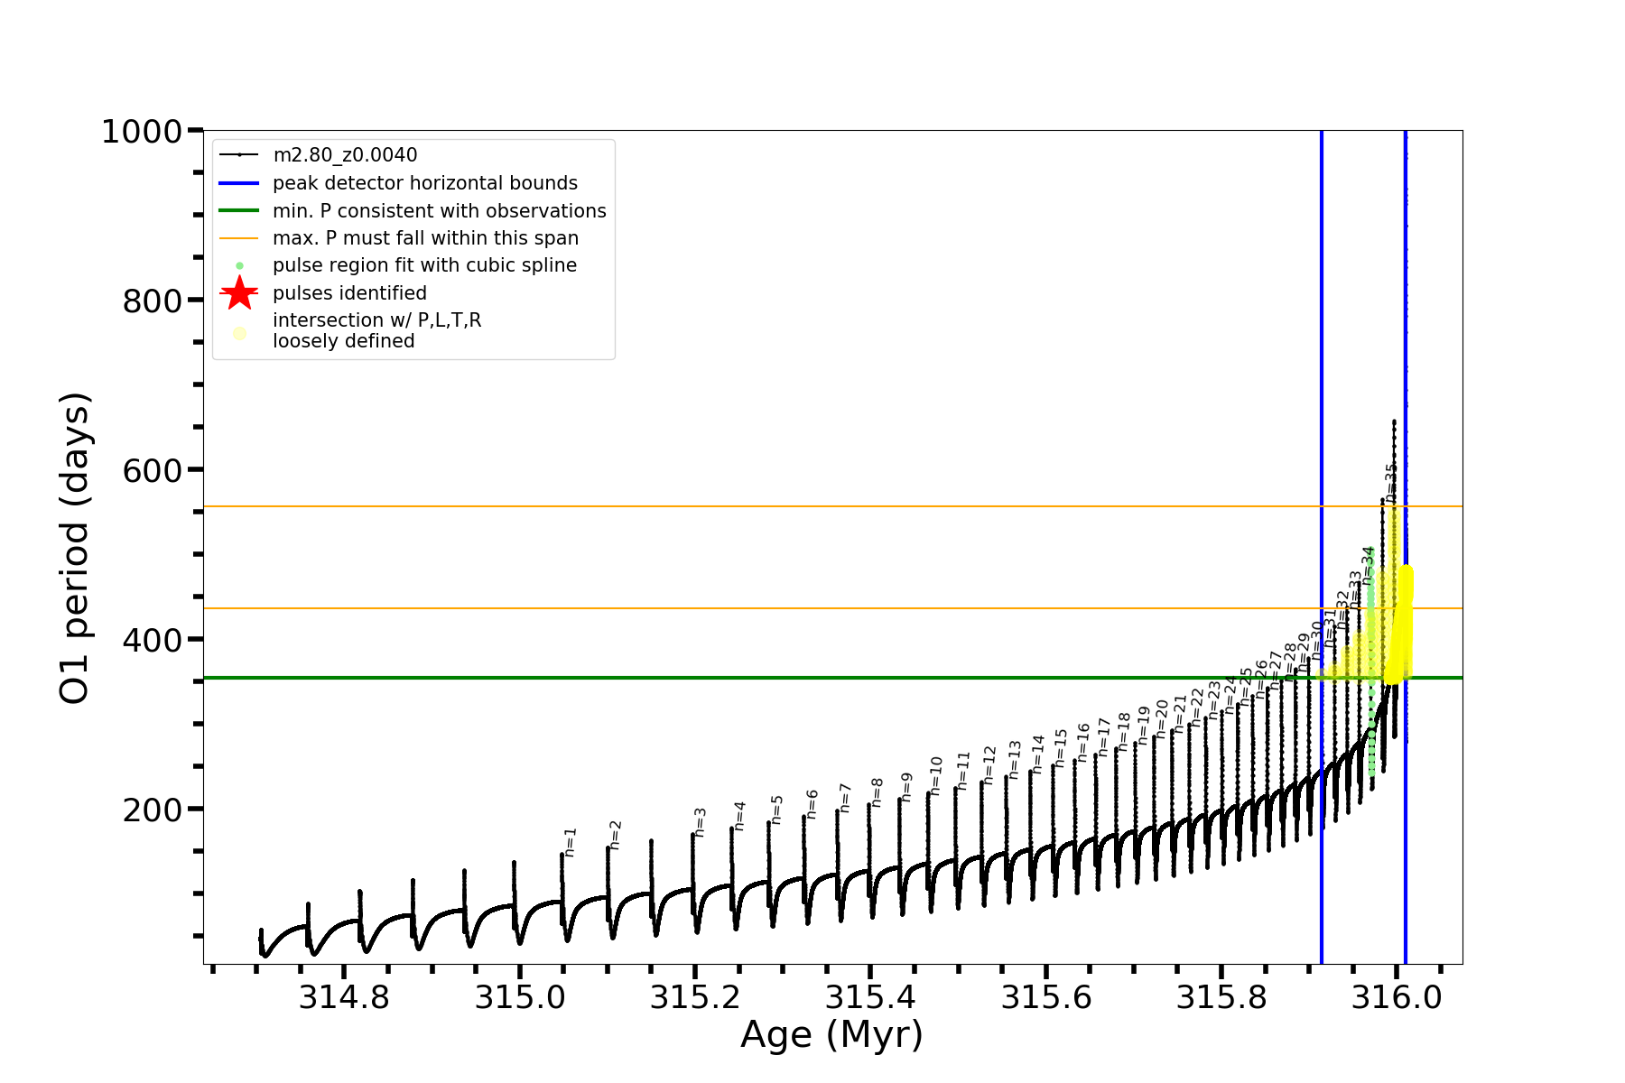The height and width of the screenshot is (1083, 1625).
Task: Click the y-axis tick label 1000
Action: tap(142, 133)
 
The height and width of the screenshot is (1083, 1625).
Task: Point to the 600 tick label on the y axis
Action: tap(153, 471)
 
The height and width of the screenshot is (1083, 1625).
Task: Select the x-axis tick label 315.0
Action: tap(520, 997)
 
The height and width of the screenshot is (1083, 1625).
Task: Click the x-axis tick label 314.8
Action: tap(344, 997)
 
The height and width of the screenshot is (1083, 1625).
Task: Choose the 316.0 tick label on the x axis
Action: tap(1396, 997)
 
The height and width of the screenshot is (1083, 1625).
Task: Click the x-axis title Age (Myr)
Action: tap(831, 1035)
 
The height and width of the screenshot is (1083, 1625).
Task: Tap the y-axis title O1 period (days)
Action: tap(74, 548)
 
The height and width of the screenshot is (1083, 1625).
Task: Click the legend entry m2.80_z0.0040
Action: tap(345, 155)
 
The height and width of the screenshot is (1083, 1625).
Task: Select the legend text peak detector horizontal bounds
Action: tap(424, 183)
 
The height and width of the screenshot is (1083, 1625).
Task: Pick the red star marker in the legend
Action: tap(239, 292)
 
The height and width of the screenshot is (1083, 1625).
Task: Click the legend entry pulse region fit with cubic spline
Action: tap(424, 265)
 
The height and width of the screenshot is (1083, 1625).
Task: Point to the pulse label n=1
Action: tap(570, 841)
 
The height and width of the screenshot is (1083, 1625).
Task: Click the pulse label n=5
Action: tap(777, 809)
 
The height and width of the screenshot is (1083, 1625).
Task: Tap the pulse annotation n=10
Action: tap(936, 775)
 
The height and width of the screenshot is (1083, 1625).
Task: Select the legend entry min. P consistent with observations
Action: tap(439, 211)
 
